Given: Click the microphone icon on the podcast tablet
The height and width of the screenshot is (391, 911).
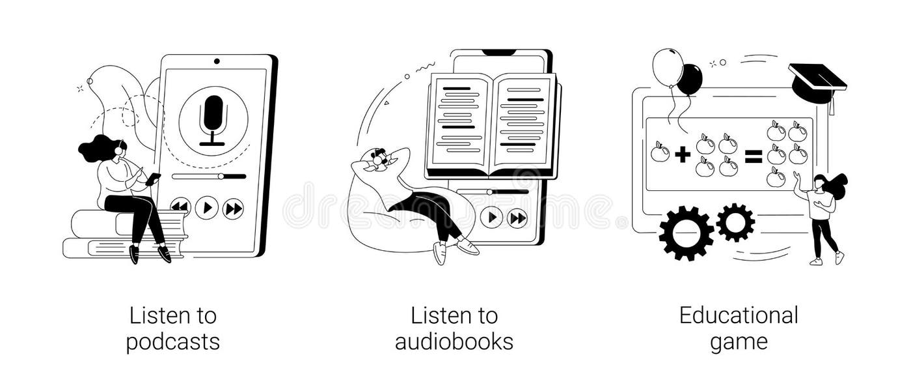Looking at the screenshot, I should pos(213,119).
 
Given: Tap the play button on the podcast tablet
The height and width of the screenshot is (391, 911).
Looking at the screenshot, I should pos(206,208).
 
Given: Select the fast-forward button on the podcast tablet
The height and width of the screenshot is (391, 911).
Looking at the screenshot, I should pos(233,209).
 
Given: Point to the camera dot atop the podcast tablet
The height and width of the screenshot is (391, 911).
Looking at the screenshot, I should pos(217,61).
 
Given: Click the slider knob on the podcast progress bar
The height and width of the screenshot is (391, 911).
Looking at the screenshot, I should pos(221,176).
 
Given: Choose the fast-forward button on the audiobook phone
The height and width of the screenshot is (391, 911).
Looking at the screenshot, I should pos(517,217).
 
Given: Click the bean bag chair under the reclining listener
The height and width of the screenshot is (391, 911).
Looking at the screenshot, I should pos(384,222).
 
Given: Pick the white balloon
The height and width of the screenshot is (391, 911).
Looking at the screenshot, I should pos(667,66).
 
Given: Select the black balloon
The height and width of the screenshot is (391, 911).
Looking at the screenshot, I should pos(690,80).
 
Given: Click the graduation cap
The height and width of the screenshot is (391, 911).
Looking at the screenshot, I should pos(817,81).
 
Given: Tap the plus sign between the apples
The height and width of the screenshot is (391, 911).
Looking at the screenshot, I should pos(682,154).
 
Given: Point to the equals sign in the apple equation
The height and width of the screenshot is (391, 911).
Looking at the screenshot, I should pos(753,156).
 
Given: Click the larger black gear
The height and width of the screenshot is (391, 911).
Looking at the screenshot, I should pos(686,233).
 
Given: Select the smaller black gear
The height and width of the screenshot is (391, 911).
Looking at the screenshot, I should pos(735,222).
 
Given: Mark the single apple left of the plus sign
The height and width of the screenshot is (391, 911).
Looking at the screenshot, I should pos(660,152).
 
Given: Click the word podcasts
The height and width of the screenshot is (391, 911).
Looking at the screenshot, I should pos(172,342).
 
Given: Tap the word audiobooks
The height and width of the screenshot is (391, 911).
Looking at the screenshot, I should pos(454,342).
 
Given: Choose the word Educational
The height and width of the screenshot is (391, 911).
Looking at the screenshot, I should pos(739,316).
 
